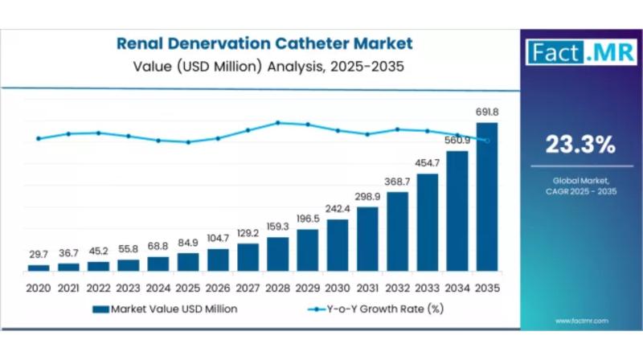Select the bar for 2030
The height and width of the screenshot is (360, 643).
(x=338, y=244)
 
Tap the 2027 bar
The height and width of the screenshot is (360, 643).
(x=248, y=256)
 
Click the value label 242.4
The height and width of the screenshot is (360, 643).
(x=338, y=209)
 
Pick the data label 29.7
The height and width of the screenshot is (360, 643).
(x=39, y=255)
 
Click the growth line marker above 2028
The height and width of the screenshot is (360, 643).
(x=278, y=123)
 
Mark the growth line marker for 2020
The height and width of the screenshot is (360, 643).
(x=39, y=138)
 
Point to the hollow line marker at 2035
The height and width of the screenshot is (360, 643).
(x=487, y=140)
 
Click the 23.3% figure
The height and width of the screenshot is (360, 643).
(x=580, y=145)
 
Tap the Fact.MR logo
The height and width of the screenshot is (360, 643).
(x=580, y=52)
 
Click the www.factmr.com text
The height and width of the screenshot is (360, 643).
(x=581, y=320)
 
